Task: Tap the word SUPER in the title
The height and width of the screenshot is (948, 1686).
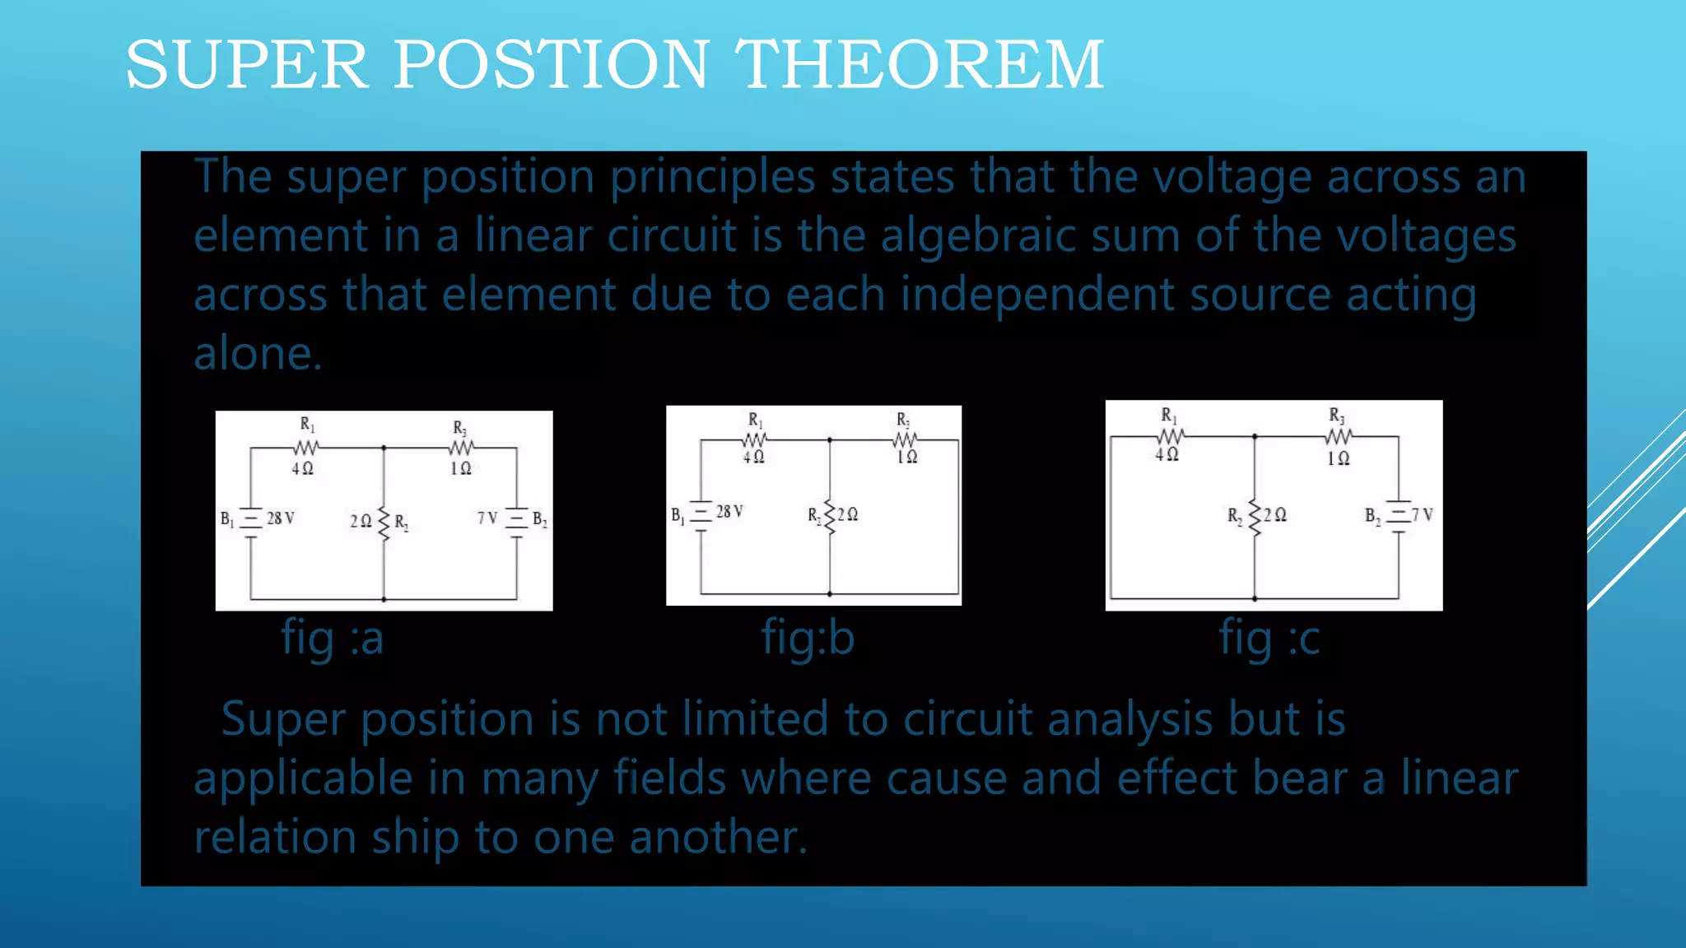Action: point(246,65)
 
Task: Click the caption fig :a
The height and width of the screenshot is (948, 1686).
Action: point(333,638)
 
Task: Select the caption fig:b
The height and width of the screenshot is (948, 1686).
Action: point(808,638)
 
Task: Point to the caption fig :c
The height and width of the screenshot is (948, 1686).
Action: point(1269,638)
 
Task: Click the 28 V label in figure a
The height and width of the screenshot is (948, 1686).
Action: point(280,518)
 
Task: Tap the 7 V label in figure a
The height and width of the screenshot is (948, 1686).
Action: point(487,518)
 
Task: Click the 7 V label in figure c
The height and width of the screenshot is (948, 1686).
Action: point(1423,515)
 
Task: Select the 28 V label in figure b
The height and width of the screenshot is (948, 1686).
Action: point(729,512)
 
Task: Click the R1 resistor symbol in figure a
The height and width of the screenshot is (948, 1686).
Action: point(305,448)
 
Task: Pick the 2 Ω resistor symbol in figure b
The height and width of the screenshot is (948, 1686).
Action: point(830,516)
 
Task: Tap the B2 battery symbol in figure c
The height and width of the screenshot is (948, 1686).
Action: point(1398,515)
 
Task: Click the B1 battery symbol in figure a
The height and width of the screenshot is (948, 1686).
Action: point(250,520)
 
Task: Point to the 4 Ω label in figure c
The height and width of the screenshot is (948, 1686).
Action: point(1167,454)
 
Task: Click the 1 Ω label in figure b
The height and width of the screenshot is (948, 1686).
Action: point(906,457)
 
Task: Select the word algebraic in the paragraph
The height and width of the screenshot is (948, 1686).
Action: point(978,236)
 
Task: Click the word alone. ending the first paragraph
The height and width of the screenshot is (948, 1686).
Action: point(258,354)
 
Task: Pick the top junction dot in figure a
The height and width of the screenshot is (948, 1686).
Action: point(384,448)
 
